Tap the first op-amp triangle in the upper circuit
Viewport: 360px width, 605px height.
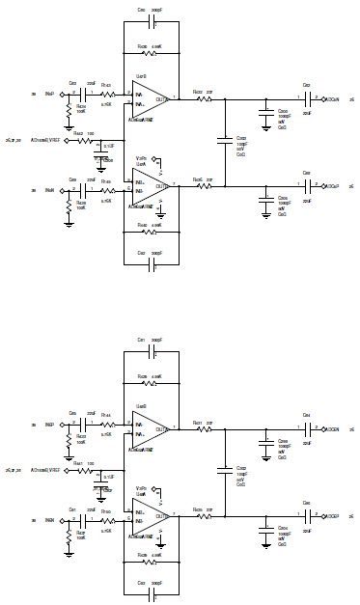click(151, 99)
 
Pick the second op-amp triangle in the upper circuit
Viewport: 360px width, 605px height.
click(151, 186)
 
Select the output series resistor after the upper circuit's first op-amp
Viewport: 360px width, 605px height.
click(204, 99)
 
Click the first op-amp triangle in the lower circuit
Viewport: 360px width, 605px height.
click(151, 430)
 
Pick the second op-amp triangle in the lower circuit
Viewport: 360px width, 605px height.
click(151, 516)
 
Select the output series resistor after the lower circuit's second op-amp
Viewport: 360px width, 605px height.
click(204, 516)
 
